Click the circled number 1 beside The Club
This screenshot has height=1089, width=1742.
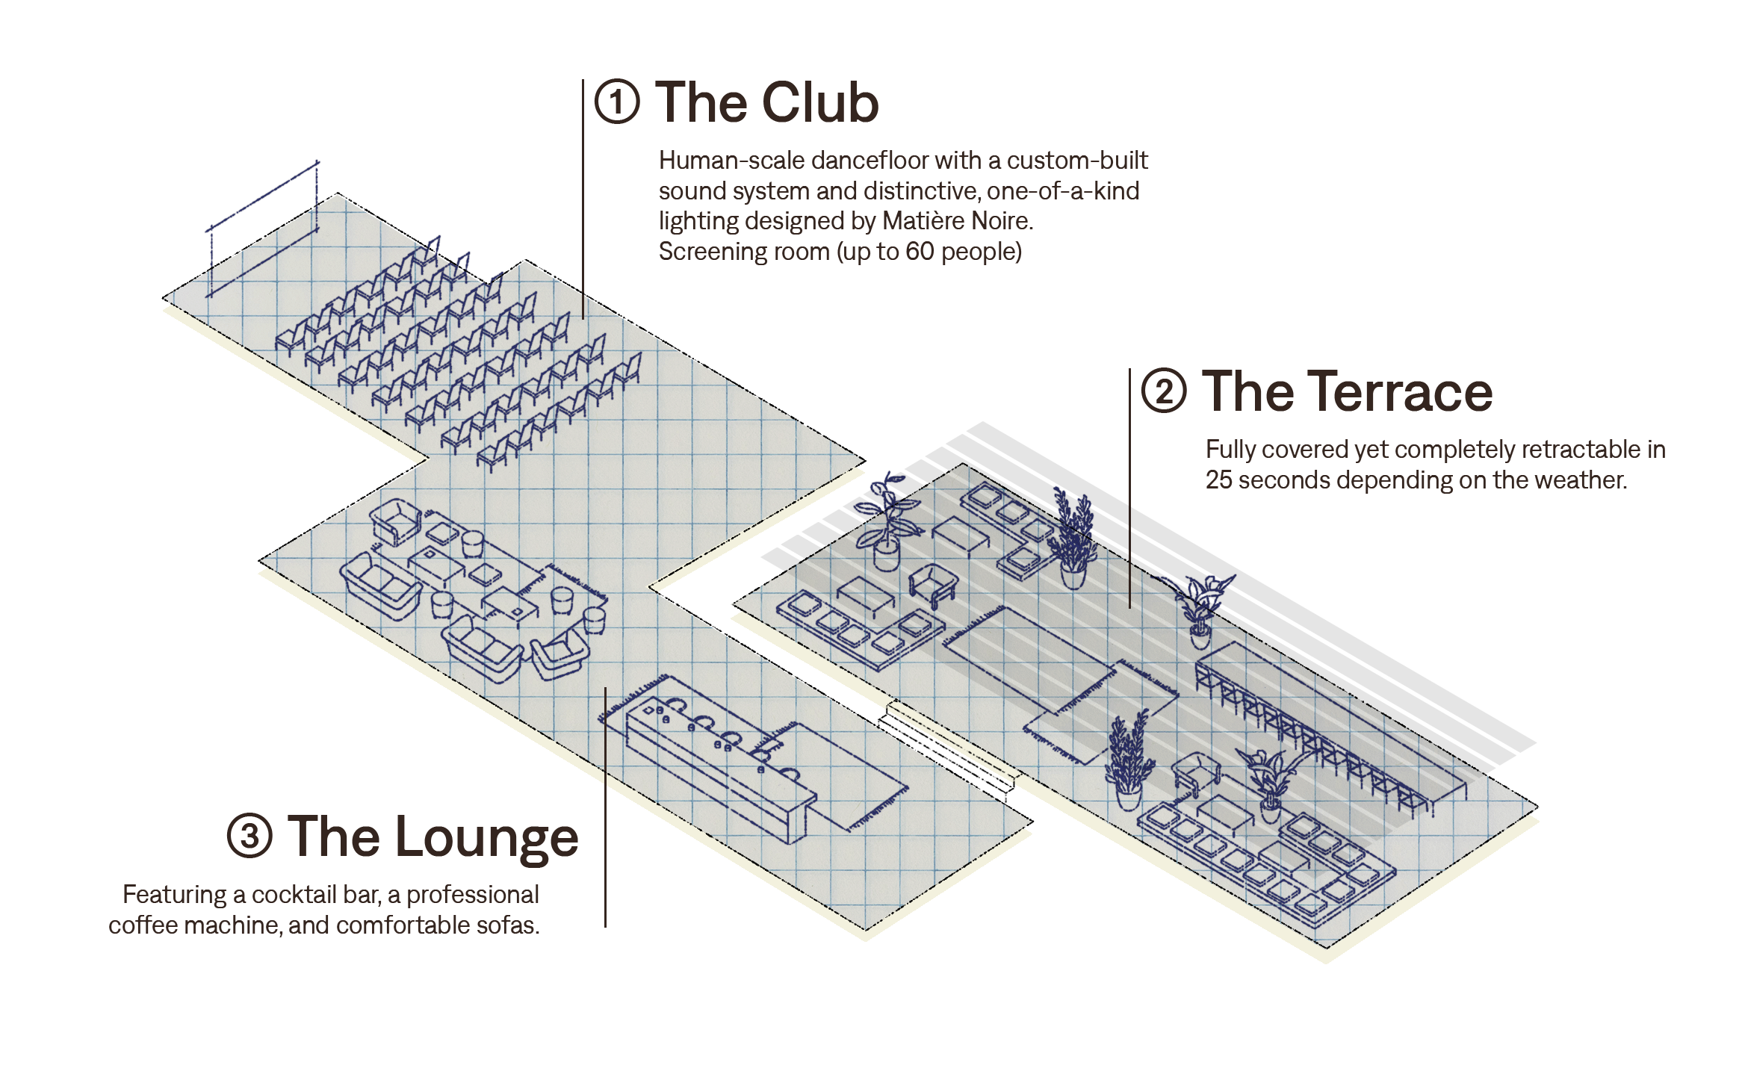[617, 102]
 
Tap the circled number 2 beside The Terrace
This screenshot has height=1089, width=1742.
[1163, 391]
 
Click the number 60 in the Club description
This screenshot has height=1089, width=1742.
[920, 252]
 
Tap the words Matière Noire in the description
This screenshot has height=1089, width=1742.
[957, 221]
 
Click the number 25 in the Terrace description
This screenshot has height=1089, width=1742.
[1218, 480]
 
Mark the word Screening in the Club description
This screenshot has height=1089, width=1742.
[704, 252]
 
